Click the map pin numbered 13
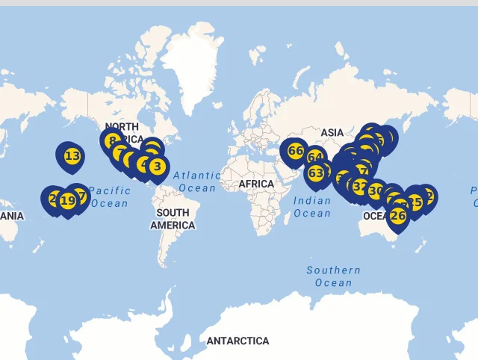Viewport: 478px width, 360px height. (72, 156)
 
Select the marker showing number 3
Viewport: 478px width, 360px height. (156, 166)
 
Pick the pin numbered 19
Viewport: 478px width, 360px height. (68, 200)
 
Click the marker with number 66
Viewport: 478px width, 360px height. (295, 151)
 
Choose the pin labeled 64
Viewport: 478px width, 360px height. (315, 158)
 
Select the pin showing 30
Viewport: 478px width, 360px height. (376, 191)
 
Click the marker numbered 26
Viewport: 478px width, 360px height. (398, 216)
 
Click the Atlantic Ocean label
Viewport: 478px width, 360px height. (197, 181)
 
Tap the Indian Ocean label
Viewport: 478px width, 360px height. (312, 207)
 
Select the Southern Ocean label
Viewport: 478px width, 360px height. (333, 276)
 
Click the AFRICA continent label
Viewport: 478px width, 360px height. (257, 184)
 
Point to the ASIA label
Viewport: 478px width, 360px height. (332, 132)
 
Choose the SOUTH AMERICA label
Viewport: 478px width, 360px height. (173, 219)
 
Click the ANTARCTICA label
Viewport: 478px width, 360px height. (238, 341)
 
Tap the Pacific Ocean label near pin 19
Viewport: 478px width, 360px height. (110, 196)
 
